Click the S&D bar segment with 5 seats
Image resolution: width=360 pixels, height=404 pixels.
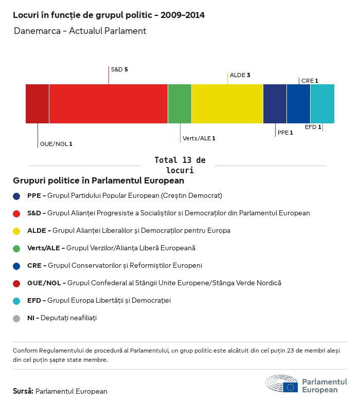pos(109,104)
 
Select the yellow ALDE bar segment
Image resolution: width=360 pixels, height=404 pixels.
pos(227,104)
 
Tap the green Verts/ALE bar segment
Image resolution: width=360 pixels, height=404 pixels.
pos(179,104)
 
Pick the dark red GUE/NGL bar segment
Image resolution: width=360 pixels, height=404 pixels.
pos(38,104)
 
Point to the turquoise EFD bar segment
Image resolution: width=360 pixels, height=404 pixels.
pos(322,104)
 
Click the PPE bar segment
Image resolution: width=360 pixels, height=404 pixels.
pos(275,104)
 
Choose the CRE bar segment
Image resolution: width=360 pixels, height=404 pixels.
pos(298,104)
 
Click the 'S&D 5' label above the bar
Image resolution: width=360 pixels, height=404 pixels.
pos(119,69)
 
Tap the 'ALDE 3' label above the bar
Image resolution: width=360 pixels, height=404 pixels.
pos(240,75)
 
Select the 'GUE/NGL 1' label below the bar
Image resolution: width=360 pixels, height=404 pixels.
pos(56,144)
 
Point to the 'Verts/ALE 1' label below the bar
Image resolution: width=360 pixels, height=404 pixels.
pos(199,138)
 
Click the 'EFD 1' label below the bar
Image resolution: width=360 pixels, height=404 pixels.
pos(313,127)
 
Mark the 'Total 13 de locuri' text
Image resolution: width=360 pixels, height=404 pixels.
pos(179,165)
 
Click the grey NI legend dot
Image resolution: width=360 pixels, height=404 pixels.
pos(16,318)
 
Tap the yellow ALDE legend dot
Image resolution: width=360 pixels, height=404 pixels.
pos(16,231)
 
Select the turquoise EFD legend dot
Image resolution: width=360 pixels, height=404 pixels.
pos(16,301)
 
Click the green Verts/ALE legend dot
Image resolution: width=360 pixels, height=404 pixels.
pos(16,248)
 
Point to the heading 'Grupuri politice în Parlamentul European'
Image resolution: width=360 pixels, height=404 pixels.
pos(98,181)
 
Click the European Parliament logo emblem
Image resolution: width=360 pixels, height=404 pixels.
pos(281,383)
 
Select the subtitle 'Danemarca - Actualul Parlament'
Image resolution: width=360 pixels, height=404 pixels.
pos(80,31)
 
